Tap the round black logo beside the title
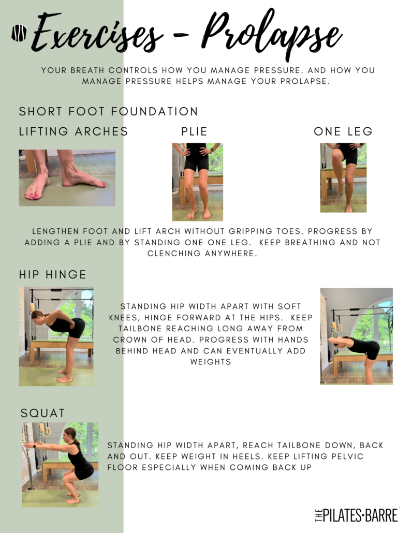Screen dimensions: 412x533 [x=19, y=33]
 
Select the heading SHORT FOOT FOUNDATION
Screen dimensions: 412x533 [x=109, y=111]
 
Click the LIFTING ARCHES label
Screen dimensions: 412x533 [x=73, y=131]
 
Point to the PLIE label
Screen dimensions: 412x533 [x=194, y=131]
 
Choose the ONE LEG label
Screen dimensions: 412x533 [x=343, y=131]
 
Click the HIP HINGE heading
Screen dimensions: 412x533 [x=53, y=275]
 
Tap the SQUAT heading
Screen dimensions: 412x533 [x=43, y=413]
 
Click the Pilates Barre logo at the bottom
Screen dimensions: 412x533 [x=356, y=515]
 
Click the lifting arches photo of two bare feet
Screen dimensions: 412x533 [x=67, y=178]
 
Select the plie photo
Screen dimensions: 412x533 [x=198, y=182]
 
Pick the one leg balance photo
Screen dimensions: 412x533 [x=343, y=178]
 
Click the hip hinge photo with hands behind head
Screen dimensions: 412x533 [x=357, y=336]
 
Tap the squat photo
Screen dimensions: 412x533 [x=60, y=465]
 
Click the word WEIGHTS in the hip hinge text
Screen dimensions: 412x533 [x=211, y=362]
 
